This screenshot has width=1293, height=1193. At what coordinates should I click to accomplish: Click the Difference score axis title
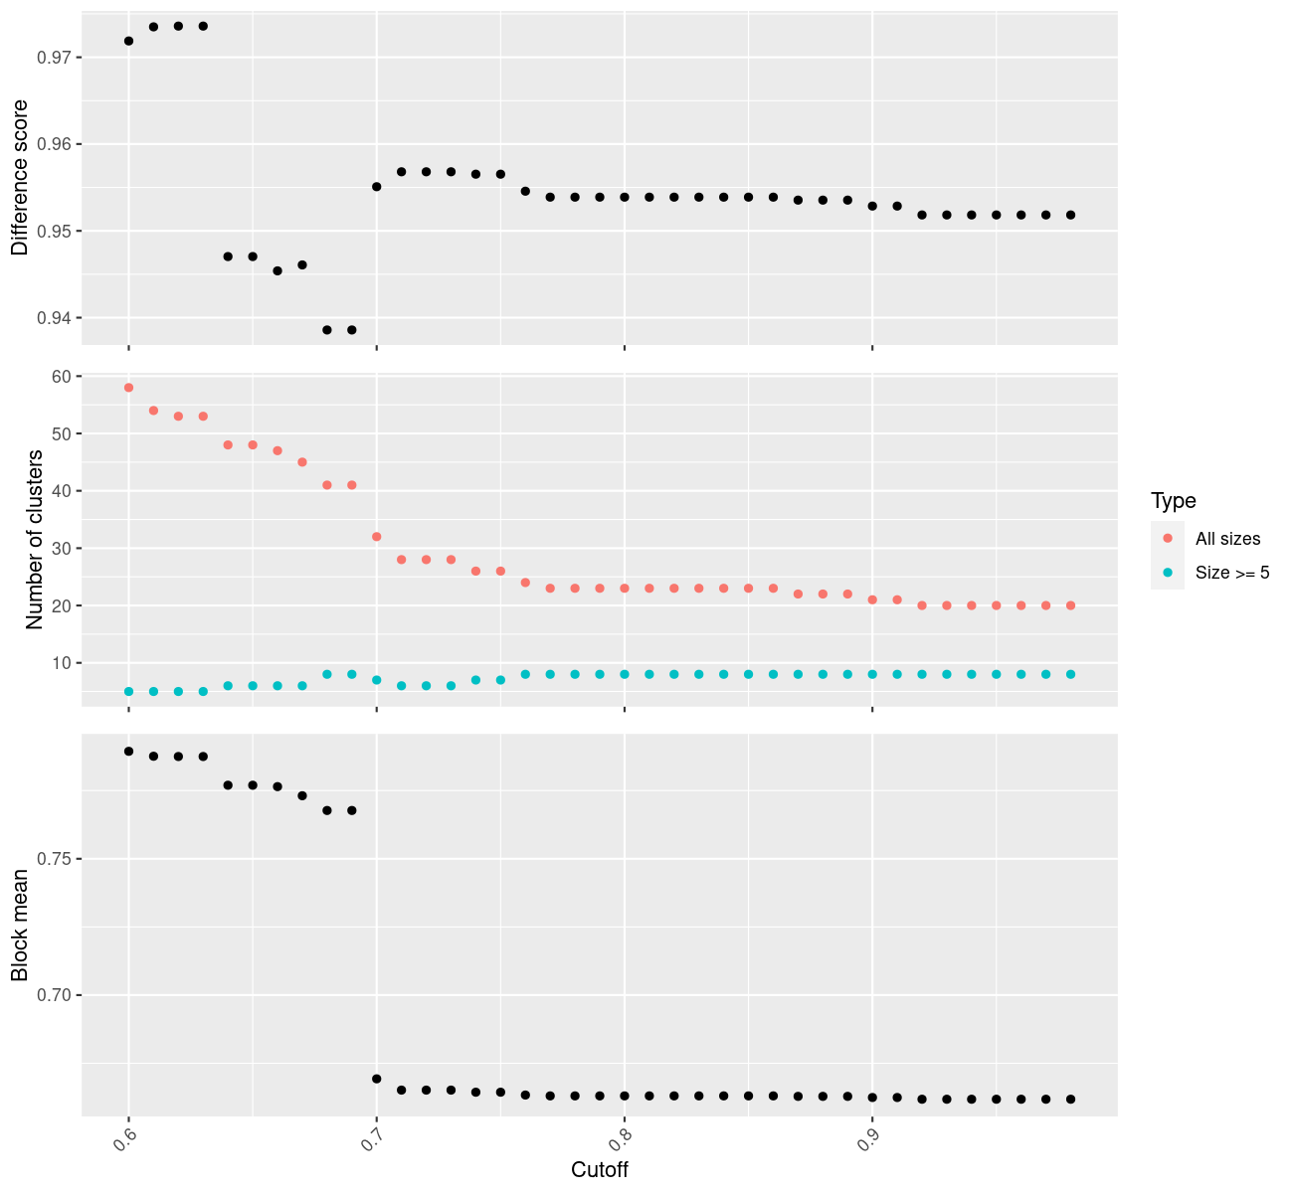pos(19,178)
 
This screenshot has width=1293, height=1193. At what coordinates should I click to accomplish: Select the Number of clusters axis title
pos(36,540)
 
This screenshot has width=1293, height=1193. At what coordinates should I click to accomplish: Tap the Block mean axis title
pos(19,926)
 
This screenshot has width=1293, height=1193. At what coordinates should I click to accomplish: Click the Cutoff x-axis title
pos(600,1169)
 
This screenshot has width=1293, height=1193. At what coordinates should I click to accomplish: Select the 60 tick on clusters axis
pos(61,377)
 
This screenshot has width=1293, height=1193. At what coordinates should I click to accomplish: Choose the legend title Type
pos(1173,501)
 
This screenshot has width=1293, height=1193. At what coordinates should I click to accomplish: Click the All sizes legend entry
pos(1227,539)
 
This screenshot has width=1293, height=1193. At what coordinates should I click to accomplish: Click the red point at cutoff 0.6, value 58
pos(128,388)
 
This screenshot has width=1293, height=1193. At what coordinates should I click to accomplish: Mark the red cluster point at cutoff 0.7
pos(376,537)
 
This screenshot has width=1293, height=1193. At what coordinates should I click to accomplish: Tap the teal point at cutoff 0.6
pos(128,691)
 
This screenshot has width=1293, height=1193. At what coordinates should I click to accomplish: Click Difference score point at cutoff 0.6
pos(128,41)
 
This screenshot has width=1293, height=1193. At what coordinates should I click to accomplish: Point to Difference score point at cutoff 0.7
pos(376,187)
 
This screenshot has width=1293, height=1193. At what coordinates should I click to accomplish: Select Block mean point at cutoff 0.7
pos(376,1079)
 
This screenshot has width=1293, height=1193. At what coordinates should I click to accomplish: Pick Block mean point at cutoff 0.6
pos(128,752)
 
